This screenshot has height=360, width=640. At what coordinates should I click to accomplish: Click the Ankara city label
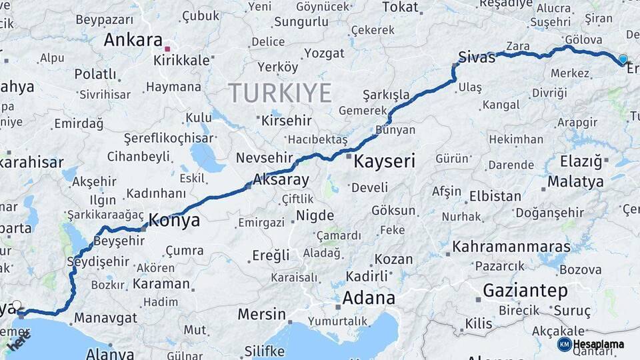click(133, 40)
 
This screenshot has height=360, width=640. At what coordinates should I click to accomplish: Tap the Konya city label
click(174, 220)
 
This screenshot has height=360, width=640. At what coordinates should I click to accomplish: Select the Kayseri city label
click(384, 161)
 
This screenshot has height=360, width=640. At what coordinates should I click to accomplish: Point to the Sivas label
click(477, 57)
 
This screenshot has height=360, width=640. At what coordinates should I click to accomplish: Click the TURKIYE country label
click(280, 92)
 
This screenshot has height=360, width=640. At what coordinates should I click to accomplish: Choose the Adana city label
click(369, 297)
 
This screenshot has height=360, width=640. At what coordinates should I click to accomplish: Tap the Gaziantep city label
click(525, 291)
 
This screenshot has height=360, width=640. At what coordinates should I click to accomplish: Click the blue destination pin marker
click(623, 59)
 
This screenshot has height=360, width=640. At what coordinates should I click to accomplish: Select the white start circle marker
click(17, 305)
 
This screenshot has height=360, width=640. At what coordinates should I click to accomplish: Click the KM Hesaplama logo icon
click(564, 344)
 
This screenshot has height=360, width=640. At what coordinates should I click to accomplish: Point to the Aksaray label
click(281, 179)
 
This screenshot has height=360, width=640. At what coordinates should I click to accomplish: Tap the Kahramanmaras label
click(511, 247)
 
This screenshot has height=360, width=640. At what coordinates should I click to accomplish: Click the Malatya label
click(575, 181)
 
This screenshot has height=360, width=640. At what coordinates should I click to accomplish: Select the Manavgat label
click(105, 318)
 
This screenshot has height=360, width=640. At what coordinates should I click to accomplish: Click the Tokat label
click(400, 8)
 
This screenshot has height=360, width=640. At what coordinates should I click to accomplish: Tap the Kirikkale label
click(182, 60)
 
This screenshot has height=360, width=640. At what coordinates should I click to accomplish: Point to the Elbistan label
click(495, 197)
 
